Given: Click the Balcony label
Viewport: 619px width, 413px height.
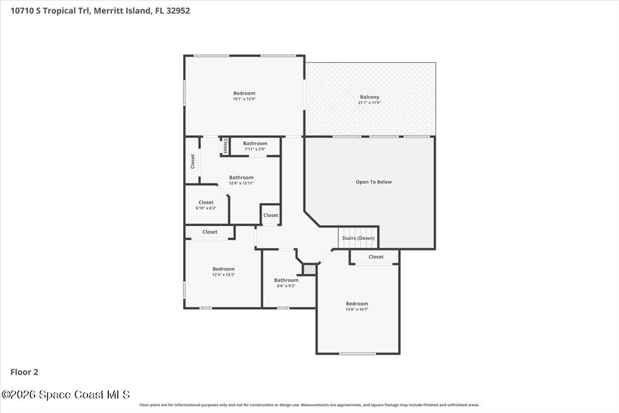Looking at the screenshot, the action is [x=369, y=97].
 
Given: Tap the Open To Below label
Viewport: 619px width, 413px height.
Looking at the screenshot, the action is [x=374, y=182].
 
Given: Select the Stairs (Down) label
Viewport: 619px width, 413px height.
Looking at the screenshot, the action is [x=358, y=238].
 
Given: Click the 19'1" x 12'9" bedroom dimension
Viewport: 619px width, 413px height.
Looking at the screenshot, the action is [x=244, y=99].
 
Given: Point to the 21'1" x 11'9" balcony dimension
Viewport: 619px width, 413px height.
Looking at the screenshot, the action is [x=369, y=103].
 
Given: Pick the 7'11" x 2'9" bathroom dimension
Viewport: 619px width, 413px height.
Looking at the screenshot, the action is [x=255, y=149].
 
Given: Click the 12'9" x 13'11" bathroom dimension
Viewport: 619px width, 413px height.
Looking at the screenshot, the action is [x=241, y=183].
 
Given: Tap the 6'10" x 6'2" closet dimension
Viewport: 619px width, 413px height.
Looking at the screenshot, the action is [x=206, y=208].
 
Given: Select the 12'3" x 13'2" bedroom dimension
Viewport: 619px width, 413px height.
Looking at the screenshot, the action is [x=224, y=275].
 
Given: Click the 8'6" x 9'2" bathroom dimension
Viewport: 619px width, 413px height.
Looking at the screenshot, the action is [x=286, y=286].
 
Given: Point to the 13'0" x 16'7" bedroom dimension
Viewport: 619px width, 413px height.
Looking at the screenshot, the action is [x=357, y=310].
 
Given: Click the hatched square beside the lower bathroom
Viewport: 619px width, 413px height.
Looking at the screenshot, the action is [x=309, y=269].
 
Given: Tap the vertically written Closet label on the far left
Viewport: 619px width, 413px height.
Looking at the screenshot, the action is [x=193, y=161].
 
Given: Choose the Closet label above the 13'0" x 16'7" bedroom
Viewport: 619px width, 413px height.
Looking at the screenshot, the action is [x=376, y=256].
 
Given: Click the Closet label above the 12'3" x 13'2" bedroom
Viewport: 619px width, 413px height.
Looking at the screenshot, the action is [x=210, y=232].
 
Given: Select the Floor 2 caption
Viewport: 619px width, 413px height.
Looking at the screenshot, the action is [x=24, y=372].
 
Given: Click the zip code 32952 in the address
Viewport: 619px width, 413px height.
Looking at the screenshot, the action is [x=178, y=11].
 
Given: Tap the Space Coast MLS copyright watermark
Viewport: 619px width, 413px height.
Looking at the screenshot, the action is [x=65, y=394].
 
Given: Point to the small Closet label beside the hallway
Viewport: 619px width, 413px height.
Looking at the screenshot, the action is [x=271, y=215].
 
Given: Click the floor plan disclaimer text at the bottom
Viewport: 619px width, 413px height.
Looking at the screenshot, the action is [x=309, y=405].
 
